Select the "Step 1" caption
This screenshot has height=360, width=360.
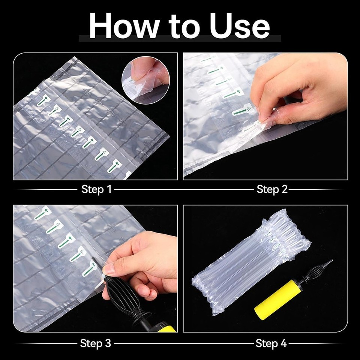[96, 189]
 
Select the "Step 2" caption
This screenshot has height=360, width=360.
[272, 189]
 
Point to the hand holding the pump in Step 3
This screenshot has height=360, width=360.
[142, 262]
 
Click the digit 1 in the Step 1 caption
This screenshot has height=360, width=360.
[109, 189]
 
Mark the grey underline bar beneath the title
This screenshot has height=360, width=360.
[180, 38]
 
